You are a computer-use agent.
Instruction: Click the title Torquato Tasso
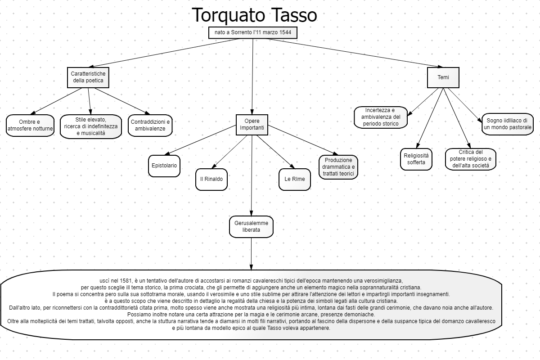(x=254, y=15)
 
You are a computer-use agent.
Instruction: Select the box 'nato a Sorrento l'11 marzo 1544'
(x=252, y=33)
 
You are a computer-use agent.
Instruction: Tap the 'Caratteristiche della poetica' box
(x=88, y=77)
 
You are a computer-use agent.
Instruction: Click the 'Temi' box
(x=443, y=77)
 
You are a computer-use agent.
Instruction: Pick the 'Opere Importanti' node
(x=252, y=125)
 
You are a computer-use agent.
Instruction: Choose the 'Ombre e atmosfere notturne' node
(x=30, y=126)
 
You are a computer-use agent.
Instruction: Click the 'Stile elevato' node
(x=90, y=126)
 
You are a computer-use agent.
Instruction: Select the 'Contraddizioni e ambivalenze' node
(x=150, y=126)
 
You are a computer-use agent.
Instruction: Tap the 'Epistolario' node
(x=164, y=166)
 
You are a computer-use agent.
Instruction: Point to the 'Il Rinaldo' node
(x=211, y=179)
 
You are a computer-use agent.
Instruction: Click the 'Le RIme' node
(x=295, y=179)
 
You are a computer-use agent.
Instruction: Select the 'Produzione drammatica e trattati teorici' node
(x=338, y=167)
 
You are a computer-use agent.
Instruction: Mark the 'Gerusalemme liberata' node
(x=251, y=226)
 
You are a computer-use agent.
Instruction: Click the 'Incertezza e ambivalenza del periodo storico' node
(x=380, y=117)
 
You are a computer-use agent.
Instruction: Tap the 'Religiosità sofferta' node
(x=416, y=159)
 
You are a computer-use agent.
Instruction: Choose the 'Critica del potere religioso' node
(x=470, y=159)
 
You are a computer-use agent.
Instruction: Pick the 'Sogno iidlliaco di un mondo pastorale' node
(x=507, y=124)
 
